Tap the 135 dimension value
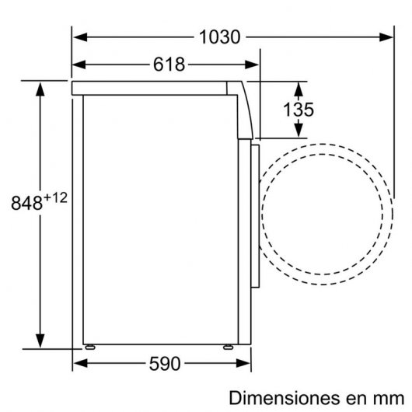tap(298, 110)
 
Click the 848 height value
tap(26, 204)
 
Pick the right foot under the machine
tap(229, 347)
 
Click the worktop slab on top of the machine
tap(155, 87)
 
